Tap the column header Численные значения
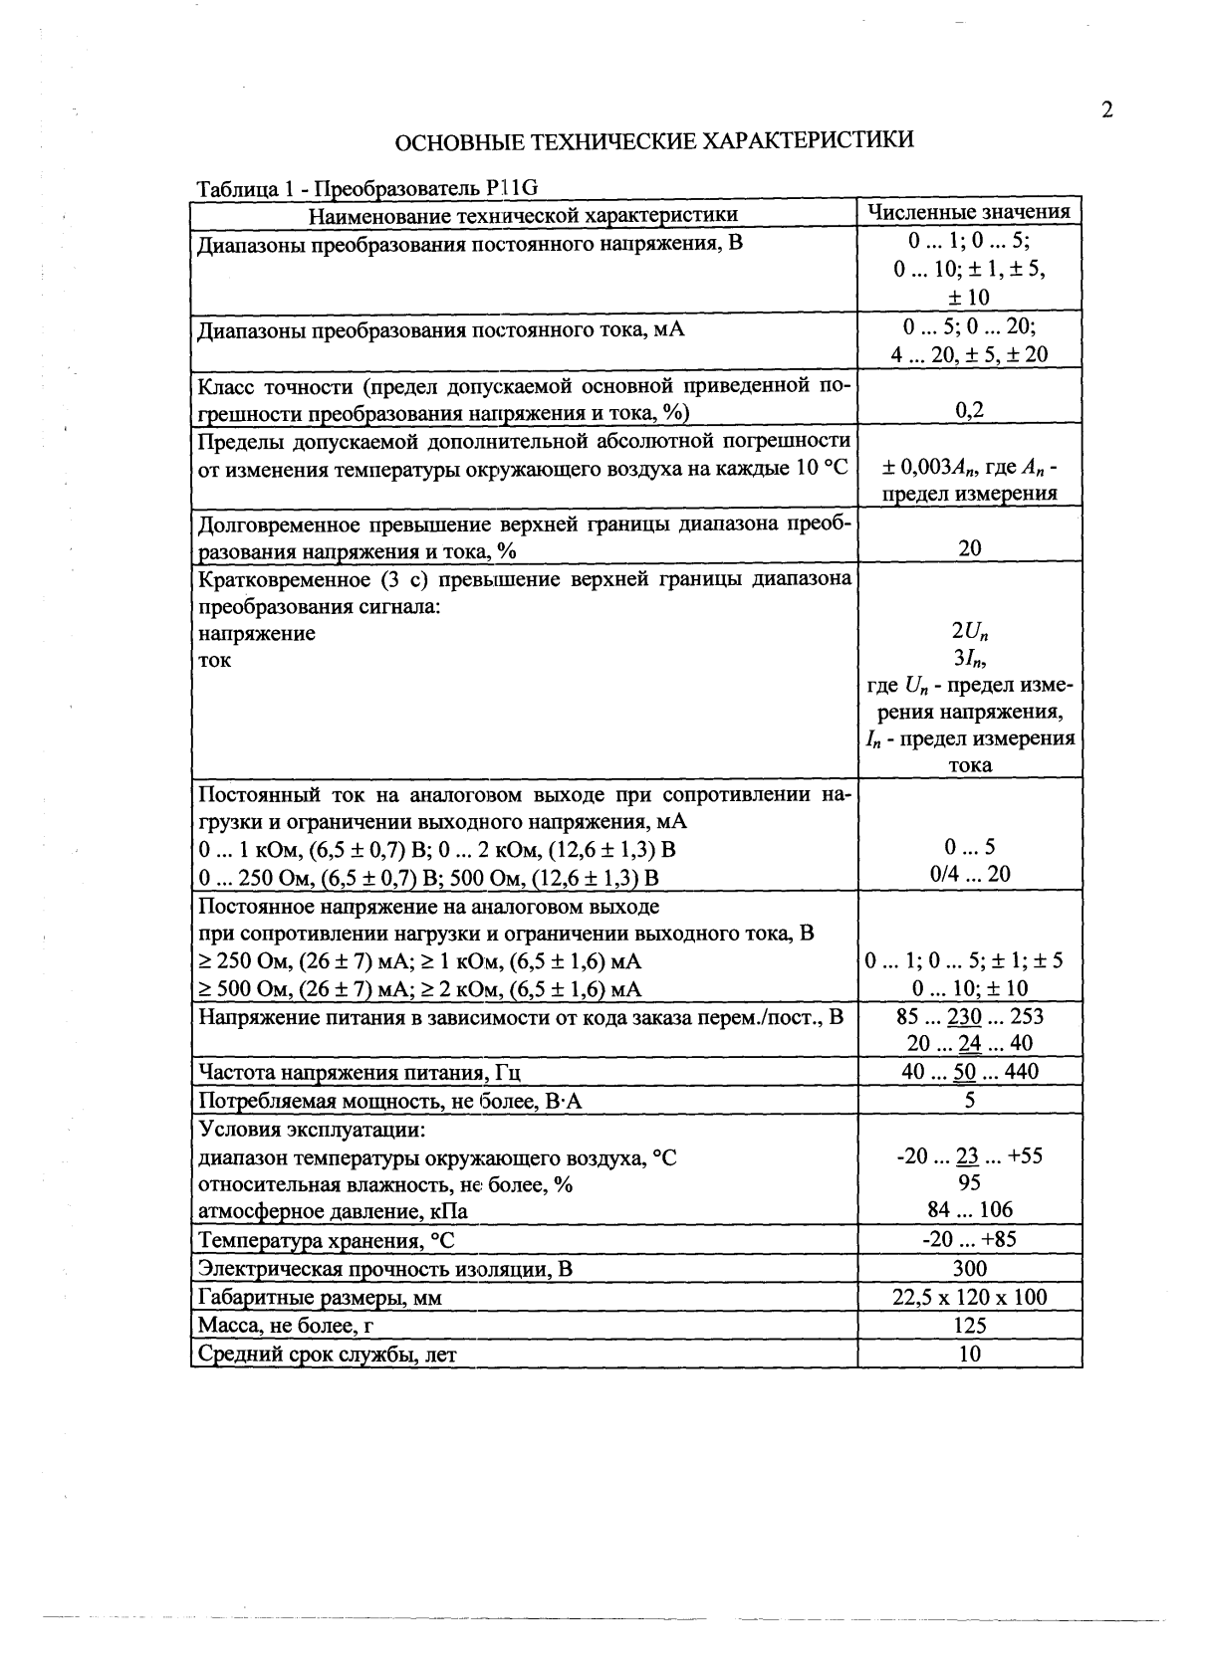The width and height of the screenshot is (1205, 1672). [969, 212]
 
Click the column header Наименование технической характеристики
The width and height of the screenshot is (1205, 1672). [523, 215]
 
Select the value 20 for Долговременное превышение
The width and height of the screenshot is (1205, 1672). [969, 548]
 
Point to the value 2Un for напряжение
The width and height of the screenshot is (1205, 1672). [970, 631]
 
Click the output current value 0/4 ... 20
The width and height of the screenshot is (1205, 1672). [969, 874]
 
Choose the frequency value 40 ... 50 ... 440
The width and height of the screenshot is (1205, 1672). [969, 1071]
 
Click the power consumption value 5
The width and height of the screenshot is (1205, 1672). [969, 1100]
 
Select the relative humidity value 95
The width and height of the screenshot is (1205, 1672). [969, 1182]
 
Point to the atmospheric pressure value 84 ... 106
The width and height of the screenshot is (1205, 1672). [969, 1209]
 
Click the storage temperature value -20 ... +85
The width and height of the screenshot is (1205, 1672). [969, 1239]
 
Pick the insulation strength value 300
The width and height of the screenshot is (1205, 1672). [969, 1268]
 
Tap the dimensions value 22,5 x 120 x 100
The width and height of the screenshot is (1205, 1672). [969, 1297]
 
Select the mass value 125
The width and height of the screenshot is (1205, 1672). [969, 1326]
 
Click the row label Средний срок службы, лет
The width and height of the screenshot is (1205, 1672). [328, 1355]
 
